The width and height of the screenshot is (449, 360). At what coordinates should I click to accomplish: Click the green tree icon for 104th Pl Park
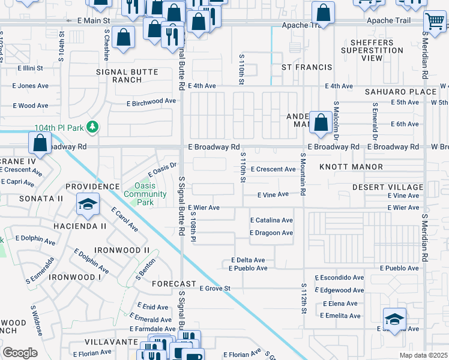(x=92, y=127)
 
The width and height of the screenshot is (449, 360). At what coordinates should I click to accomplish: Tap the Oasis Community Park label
(x=145, y=194)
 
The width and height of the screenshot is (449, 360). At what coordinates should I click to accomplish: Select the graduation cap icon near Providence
(x=88, y=205)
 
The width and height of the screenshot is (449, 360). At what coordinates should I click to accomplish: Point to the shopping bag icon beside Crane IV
(x=40, y=143)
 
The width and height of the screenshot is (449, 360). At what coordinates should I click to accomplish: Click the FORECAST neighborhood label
(x=174, y=283)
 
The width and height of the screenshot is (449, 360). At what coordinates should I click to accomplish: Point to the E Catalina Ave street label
(x=271, y=220)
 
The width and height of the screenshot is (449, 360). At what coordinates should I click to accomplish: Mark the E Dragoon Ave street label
(x=271, y=233)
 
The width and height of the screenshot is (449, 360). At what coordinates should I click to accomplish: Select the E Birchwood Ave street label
(x=151, y=102)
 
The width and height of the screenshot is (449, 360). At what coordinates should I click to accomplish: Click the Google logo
(x=20, y=353)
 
